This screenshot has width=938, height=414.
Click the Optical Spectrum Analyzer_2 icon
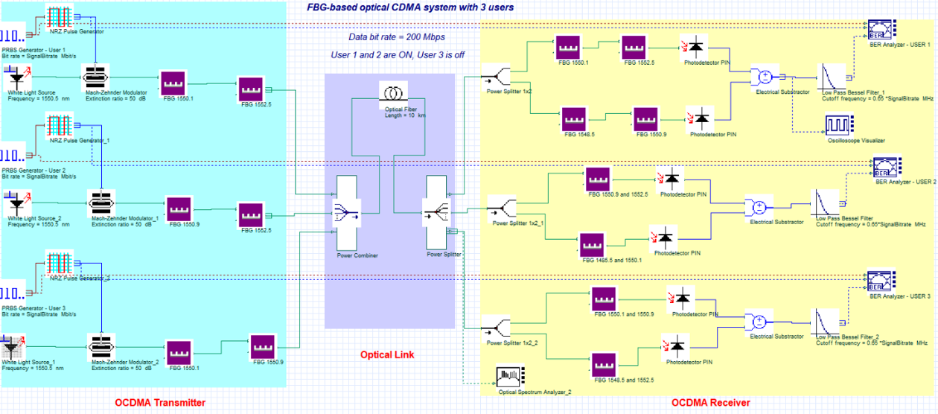pos(511,375)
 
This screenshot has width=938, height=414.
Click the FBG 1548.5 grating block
pos(576,120)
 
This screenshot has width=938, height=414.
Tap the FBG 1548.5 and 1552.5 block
pos(606,363)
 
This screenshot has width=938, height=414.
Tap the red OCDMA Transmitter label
pos(159,403)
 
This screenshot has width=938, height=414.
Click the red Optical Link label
pos(387,354)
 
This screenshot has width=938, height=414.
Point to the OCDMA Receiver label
pos(711,403)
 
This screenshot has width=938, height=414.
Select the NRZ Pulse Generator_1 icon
pos(58,125)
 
